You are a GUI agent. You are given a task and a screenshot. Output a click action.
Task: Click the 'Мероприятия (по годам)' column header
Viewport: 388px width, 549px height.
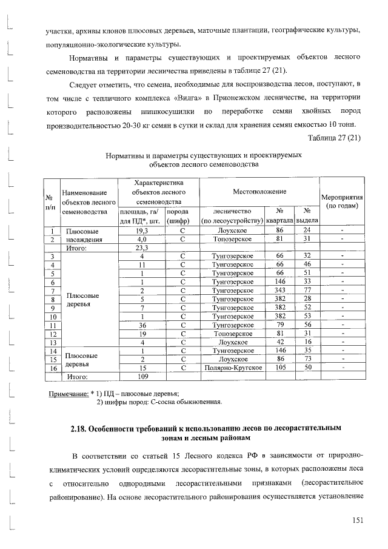(x=342, y=202)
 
